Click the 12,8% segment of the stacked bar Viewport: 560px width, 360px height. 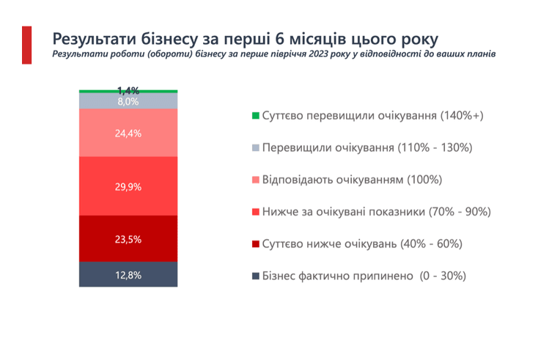coord(128,274)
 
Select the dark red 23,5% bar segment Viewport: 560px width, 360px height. coord(128,238)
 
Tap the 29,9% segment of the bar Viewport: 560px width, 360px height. coord(128,186)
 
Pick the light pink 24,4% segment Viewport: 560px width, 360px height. coord(128,133)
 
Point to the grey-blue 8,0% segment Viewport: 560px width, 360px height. coord(128,101)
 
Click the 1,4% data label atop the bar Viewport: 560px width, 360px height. coord(128,90)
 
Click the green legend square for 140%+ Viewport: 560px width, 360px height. coord(255,115)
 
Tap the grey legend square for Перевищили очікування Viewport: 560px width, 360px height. coord(255,147)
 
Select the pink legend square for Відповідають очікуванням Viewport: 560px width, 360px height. coord(255,180)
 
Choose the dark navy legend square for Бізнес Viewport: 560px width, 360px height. coord(255,276)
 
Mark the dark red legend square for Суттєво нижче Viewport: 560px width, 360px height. coord(255,244)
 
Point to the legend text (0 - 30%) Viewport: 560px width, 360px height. coord(443,276)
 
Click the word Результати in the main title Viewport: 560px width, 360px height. coord(95,39)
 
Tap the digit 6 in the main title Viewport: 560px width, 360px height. coord(280,39)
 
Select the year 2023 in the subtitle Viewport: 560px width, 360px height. coord(319,54)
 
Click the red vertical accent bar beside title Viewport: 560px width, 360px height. coord(27,45)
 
